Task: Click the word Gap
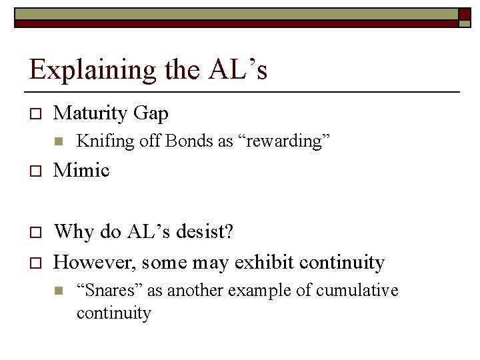(x=151, y=113)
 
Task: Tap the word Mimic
(x=81, y=170)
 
